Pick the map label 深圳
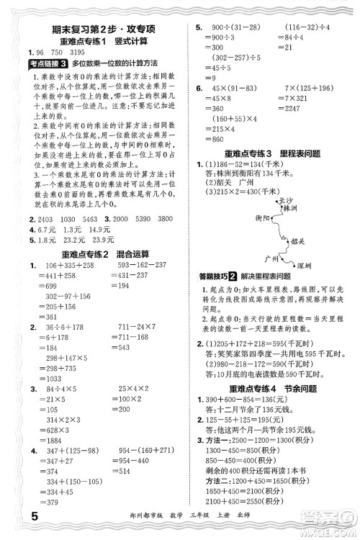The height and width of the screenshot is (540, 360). click(305, 265)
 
